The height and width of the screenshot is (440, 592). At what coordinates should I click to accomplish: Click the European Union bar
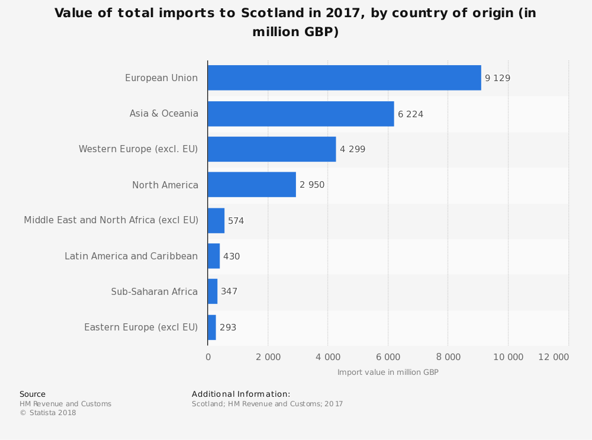point(344,78)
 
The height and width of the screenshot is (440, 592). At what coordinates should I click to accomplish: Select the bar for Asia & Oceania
point(301,114)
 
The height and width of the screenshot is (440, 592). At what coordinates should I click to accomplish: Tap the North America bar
point(252,185)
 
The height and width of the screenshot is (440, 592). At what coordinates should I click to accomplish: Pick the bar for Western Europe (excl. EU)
point(272,149)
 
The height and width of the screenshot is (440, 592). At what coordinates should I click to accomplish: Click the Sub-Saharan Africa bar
point(213,291)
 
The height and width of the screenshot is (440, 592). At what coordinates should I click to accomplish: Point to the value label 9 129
point(497,78)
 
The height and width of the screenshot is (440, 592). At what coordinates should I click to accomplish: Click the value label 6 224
point(410,114)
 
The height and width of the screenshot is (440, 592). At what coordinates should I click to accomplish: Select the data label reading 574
point(236,221)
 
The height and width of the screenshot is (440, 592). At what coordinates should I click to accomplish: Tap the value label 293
point(228,327)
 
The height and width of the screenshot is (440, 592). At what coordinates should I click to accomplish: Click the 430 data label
point(231,256)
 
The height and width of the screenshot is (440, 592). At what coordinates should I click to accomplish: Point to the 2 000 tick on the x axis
point(268,357)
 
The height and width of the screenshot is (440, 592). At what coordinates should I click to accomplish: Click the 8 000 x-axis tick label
point(448,357)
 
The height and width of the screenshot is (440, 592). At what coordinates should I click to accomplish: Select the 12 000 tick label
point(553,357)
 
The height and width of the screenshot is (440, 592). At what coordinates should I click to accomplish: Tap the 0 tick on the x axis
point(208,357)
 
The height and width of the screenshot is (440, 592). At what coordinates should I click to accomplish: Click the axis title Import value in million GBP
point(388,372)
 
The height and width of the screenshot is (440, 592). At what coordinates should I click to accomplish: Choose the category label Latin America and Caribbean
point(131,256)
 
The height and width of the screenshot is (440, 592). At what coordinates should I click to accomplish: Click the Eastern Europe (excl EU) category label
point(141,327)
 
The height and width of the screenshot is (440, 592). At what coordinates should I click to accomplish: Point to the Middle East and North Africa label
point(111,220)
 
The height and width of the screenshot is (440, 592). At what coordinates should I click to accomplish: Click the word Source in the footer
point(33,394)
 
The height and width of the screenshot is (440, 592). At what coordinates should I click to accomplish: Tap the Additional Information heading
point(241,394)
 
